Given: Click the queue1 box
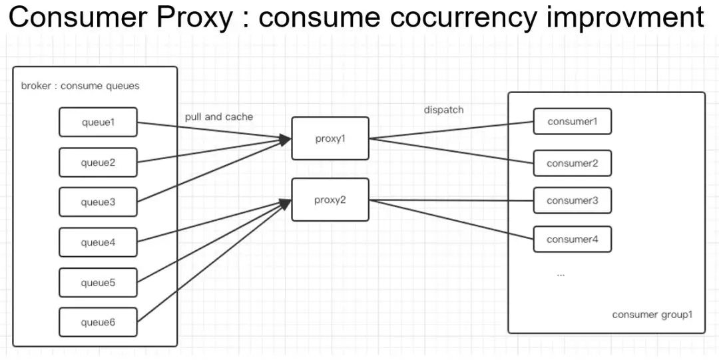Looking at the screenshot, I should (98, 122).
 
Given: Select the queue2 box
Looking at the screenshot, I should (98, 162).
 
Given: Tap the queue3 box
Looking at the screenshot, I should (98, 202).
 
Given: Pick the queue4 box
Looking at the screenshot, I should (98, 242).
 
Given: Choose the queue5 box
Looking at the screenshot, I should (98, 283).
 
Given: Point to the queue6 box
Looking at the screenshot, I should (98, 322).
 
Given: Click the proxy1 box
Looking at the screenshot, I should (330, 138).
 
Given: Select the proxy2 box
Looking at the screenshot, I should (330, 200).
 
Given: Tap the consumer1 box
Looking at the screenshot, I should (572, 122).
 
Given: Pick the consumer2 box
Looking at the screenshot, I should (572, 163).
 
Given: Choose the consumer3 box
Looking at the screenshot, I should (572, 200).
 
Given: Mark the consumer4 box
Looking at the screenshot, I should (572, 239).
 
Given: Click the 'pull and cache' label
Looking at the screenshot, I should (219, 116).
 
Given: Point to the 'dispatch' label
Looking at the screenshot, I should (443, 110).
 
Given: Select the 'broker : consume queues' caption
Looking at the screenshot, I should (80, 86).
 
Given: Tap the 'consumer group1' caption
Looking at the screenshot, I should (652, 314).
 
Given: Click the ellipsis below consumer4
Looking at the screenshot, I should (561, 273).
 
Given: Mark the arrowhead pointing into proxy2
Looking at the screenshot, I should (286, 204).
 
